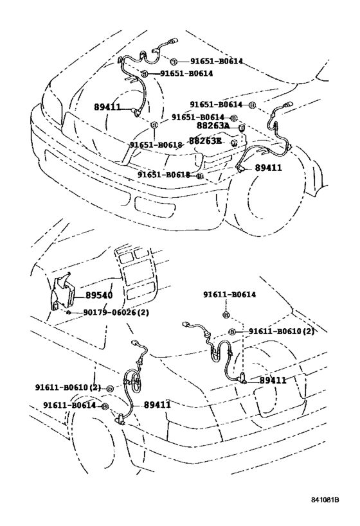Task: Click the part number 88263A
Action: [212, 126]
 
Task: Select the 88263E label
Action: [205, 141]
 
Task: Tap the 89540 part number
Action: [99, 295]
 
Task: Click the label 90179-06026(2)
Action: [116, 312]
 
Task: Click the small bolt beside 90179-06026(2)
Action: [69, 313]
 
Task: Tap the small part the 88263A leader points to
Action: [241, 127]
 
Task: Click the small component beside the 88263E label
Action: [235, 143]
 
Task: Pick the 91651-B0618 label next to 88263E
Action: [156, 145]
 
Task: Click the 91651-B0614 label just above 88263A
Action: [198, 117]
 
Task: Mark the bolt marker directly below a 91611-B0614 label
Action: [226, 315]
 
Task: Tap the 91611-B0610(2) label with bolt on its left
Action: [282, 331]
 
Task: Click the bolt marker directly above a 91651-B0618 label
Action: [154, 125]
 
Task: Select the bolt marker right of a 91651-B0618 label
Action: [200, 176]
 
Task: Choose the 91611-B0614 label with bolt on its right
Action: [69, 405]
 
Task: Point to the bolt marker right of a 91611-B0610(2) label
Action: [110, 389]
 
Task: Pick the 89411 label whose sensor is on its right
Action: [107, 107]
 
